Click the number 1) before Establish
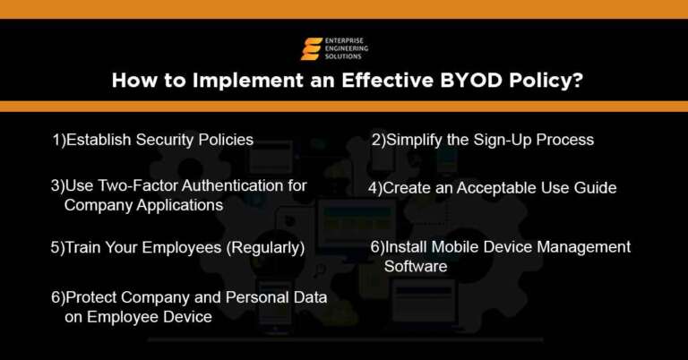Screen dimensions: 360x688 (x=59, y=140)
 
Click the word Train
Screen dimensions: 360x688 (x=82, y=246)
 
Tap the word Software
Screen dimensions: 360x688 (x=416, y=266)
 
